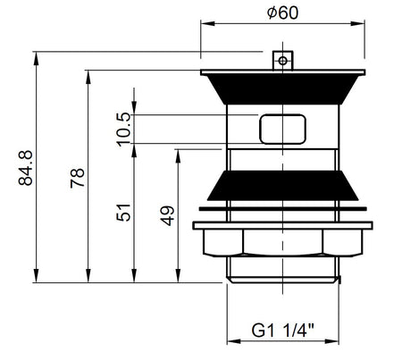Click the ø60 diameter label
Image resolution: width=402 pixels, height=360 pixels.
[282, 13]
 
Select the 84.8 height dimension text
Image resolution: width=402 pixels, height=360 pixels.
[26, 168]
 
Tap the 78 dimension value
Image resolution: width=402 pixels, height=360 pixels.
[78, 178]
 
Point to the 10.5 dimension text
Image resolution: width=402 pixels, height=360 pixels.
[123, 130]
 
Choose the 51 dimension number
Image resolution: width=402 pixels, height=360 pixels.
[123, 213]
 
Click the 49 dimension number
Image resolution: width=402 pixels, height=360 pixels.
[167, 216]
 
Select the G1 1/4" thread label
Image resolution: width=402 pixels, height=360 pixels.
[282, 331]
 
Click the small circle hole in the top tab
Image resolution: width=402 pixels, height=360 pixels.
[282, 61]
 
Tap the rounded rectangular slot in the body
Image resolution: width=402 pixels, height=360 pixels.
[282, 130]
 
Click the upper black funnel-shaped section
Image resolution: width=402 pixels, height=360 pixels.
[282, 89]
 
